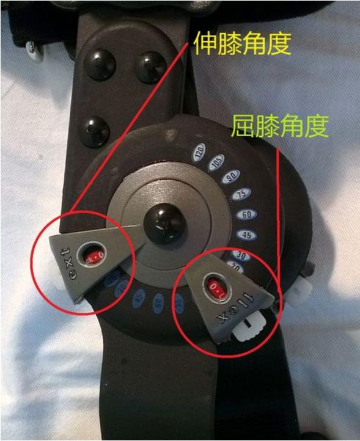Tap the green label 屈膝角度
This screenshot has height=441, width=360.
coord(280,126)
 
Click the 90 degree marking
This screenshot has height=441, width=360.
coord(231,177)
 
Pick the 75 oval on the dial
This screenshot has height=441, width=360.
coord(242,194)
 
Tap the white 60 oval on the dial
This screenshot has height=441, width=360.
coord(248,215)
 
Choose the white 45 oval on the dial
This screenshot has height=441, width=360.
coord(248,235)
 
